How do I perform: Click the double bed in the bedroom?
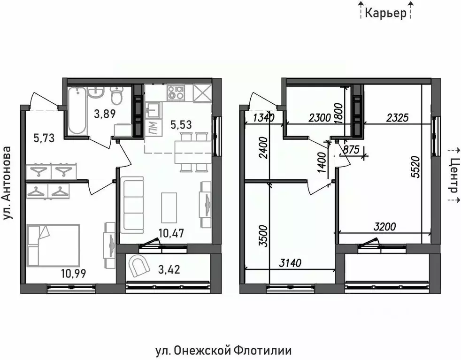(53, 245)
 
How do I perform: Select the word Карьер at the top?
(385, 14)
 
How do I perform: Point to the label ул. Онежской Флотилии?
(223, 350)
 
